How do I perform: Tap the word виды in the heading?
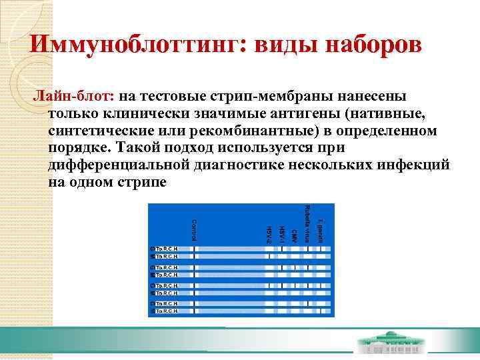(x=279, y=45)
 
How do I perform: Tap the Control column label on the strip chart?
(x=193, y=230)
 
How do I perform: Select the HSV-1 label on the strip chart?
(x=281, y=233)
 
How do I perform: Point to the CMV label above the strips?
(x=294, y=235)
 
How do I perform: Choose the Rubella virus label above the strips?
(x=307, y=223)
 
